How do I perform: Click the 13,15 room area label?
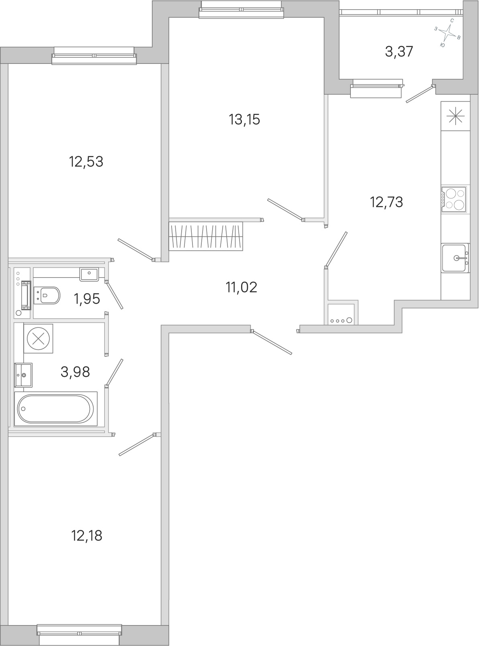[x=244, y=120]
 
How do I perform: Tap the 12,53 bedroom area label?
[x=86, y=161]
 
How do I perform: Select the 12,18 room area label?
[x=86, y=536]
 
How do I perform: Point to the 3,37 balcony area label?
[x=399, y=52]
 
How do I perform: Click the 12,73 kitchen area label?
[x=386, y=202]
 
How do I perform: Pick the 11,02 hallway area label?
[x=241, y=288]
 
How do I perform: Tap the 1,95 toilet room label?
[x=87, y=299]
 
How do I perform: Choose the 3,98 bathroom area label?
[x=75, y=372]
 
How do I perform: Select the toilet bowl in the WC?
[x=47, y=295]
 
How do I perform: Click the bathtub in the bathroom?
[x=55, y=409]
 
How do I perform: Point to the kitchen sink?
[x=455, y=258]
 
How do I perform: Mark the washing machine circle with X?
[x=38, y=339]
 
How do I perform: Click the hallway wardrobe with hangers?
[x=206, y=236]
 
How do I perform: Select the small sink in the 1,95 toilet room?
[x=89, y=274]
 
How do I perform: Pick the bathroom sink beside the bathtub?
[x=23, y=375]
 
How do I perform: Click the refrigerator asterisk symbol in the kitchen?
[x=456, y=117]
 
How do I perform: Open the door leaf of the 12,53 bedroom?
[x=135, y=249]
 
